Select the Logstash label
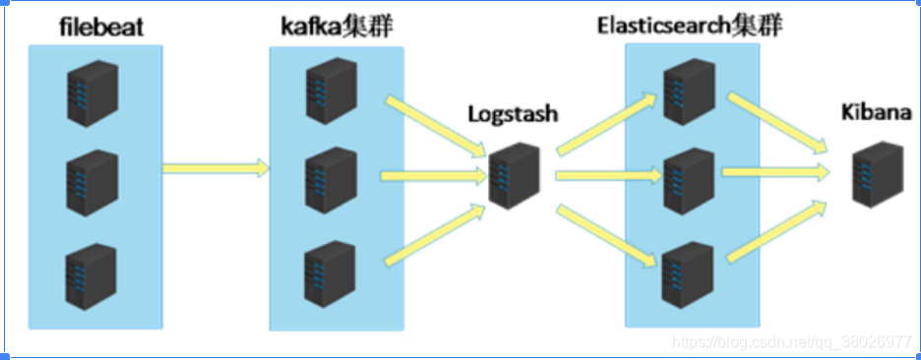[513, 114]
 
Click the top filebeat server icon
[91, 87]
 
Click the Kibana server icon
[878, 173]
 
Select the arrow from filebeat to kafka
[215, 168]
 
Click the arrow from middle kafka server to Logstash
[433, 176]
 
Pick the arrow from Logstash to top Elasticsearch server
[606, 122]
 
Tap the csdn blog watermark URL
[791, 341]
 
